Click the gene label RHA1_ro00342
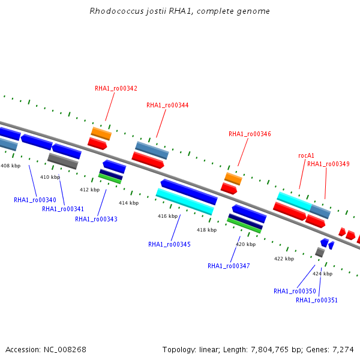[x=116, y=88]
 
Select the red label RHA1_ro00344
[x=167, y=105]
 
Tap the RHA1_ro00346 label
[x=250, y=134]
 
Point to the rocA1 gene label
[x=306, y=155]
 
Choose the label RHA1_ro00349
[x=328, y=164]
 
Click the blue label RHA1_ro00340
[x=35, y=200]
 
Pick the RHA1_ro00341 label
[x=63, y=209]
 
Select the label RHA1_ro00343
[x=96, y=219]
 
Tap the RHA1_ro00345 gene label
[x=169, y=244]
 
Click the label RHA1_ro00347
[x=229, y=266]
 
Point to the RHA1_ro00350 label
[x=295, y=291]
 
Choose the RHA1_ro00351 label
[x=317, y=300]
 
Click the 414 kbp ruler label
[x=128, y=203]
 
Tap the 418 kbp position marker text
[x=206, y=230]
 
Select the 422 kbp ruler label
[x=284, y=259]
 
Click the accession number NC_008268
[x=65, y=350]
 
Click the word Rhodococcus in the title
[x=116, y=11]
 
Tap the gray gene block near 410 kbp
[x=62, y=161]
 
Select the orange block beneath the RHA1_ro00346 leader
[x=233, y=179]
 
